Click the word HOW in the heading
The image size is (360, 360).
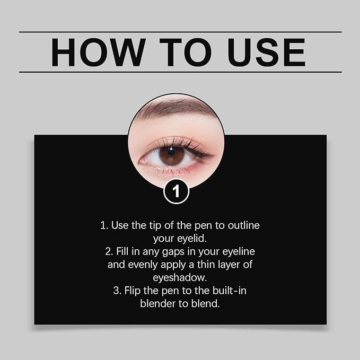pyautogui.click(x=98, y=52)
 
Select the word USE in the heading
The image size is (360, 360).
pyautogui.click(x=264, y=52)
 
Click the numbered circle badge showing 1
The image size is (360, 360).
pyautogui.click(x=176, y=191)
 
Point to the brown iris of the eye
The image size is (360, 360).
pyautogui.click(x=171, y=155)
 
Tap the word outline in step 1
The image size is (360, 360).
pyautogui.click(x=244, y=225)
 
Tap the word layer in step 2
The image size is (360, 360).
pyautogui.click(x=227, y=264)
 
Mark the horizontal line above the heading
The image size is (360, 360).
pyautogui.click(x=180, y=32)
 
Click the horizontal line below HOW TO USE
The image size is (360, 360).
pyautogui.click(x=180, y=72)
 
